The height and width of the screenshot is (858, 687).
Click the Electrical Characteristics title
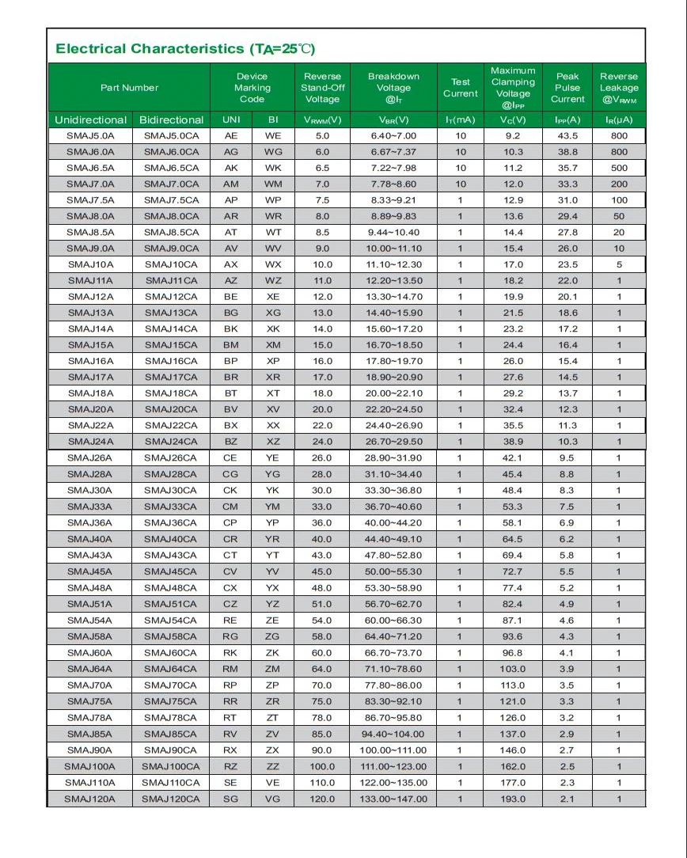pyautogui.click(x=184, y=49)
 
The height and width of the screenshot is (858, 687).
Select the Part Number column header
pyautogui.click(x=129, y=88)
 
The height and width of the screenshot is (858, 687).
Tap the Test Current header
pyautogui.click(x=460, y=88)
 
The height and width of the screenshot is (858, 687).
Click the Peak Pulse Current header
pyautogui.click(x=567, y=88)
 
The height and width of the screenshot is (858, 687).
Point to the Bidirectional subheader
pyautogui.click(x=171, y=120)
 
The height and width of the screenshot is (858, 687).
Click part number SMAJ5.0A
pyautogui.click(x=90, y=136)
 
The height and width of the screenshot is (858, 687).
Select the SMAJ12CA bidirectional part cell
pyautogui.click(x=171, y=297)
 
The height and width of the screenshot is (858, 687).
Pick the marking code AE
pyautogui.click(x=231, y=136)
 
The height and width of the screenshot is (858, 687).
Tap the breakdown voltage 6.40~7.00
pyautogui.click(x=393, y=136)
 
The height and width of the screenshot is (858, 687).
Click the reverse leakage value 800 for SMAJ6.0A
pyautogui.click(x=619, y=152)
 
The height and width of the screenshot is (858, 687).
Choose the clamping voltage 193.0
pyautogui.click(x=512, y=799)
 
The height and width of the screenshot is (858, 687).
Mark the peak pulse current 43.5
pyautogui.click(x=567, y=136)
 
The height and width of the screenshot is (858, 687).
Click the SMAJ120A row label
pyautogui.click(x=90, y=799)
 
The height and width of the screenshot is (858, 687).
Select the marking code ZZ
pyautogui.click(x=272, y=766)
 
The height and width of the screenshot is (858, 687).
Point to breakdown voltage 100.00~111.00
pyautogui.click(x=393, y=750)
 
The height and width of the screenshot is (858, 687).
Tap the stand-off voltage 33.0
pyautogui.click(x=322, y=507)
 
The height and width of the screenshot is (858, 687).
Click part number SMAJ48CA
pyautogui.click(x=171, y=588)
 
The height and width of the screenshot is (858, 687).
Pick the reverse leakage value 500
pyautogui.click(x=619, y=168)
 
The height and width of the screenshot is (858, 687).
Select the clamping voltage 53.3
pyautogui.click(x=512, y=507)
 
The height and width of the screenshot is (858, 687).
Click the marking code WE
pyautogui.click(x=272, y=136)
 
